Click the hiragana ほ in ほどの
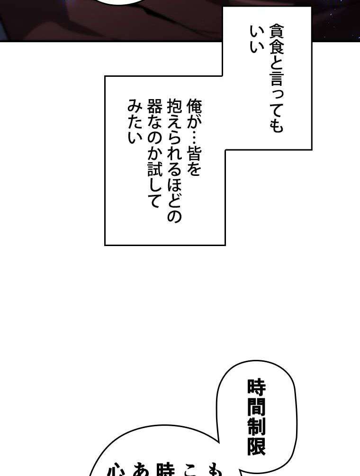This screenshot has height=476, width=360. (x=174, y=190)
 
